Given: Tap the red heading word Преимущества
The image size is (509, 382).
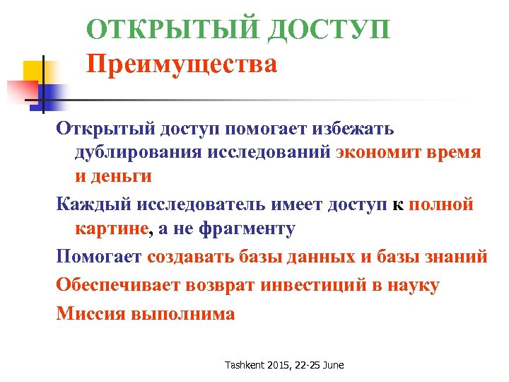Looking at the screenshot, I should pos(182,66).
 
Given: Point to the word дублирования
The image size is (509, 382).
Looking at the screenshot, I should pos(137,153).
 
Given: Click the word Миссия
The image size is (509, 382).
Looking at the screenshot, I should pos(90,314).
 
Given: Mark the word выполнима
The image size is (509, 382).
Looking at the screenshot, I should pos(183,314).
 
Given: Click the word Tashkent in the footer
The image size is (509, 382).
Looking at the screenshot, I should pos(246,366).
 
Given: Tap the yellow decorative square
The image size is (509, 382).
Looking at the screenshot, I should pos(34,71).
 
